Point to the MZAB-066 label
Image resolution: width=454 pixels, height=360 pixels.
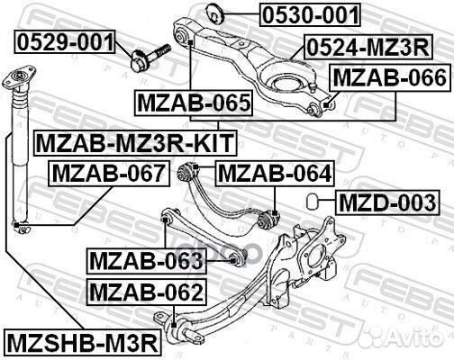388,79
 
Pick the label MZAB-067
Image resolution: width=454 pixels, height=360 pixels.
108,172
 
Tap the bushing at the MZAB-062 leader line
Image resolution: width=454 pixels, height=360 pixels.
171,319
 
